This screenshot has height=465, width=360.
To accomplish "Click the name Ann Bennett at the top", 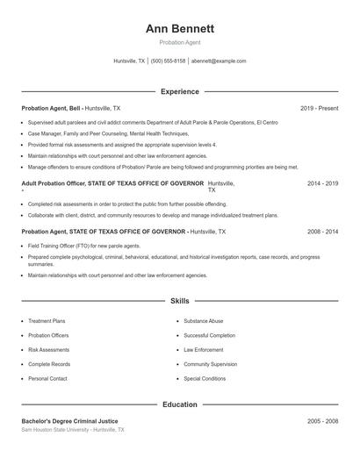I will coord(179,28).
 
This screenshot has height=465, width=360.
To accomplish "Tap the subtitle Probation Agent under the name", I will coord(179,42).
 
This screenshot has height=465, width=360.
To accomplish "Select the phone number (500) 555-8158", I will coord(168,61).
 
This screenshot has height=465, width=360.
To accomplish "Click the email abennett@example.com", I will coord(219,61).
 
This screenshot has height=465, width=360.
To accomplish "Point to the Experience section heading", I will coord(179,91).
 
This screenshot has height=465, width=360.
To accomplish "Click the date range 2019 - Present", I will coord(319,108).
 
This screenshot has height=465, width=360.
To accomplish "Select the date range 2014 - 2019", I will coord(322,183).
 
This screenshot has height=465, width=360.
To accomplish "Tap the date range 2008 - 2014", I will coord(322,232).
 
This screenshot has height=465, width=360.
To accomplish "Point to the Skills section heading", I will coord(179,301).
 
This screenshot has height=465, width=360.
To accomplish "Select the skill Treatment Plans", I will coord(47,321).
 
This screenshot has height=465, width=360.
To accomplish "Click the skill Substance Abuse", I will coord(204,321).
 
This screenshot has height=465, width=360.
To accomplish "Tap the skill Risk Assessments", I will coord(48,349).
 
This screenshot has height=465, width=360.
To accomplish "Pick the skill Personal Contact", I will coord(47,378).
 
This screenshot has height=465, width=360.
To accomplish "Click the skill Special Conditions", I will coord(205,378).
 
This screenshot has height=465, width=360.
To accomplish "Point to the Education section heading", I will coord(179,404).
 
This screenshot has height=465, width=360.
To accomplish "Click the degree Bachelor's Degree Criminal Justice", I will coord(69,421).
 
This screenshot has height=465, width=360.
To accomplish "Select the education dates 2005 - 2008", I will coord(322,421).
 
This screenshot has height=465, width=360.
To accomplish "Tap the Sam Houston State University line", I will coord(73,431).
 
